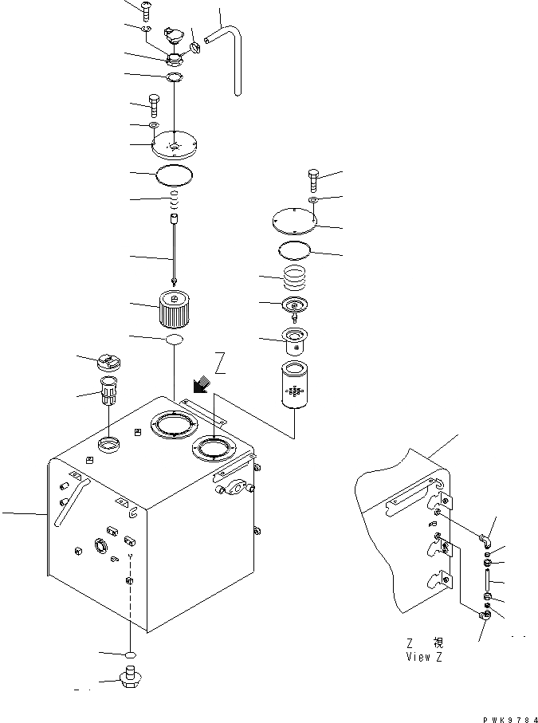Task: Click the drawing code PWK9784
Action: [510, 717]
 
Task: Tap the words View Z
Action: [422, 657]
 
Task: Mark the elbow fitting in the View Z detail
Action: [485, 540]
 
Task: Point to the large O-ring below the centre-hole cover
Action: [173, 174]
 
